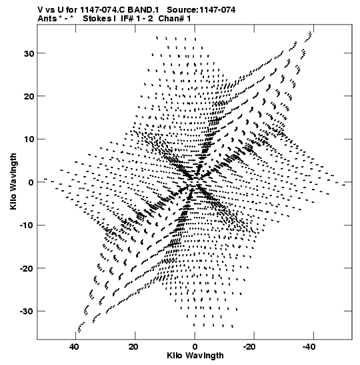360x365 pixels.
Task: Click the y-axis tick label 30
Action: (29, 53)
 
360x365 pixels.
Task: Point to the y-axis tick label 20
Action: (29, 96)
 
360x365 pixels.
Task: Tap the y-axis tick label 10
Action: (29, 139)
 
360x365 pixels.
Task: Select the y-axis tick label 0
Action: (31, 182)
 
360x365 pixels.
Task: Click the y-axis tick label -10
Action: (27, 226)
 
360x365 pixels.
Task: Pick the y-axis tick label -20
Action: (27, 268)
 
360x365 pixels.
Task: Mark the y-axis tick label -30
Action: (27, 311)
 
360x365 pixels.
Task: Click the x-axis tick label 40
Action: (74, 347)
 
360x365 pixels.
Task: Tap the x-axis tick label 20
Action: (133, 347)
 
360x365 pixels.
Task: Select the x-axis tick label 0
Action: (195, 347)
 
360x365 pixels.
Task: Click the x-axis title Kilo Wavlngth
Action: (195, 356)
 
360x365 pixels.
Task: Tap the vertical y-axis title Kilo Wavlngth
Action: (13, 181)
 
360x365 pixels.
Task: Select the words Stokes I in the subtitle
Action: (99, 19)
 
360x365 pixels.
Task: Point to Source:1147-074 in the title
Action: (201, 10)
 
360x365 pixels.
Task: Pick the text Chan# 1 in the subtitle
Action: (175, 19)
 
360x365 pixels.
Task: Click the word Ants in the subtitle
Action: (47, 19)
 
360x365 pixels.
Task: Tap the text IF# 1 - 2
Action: (137, 19)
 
